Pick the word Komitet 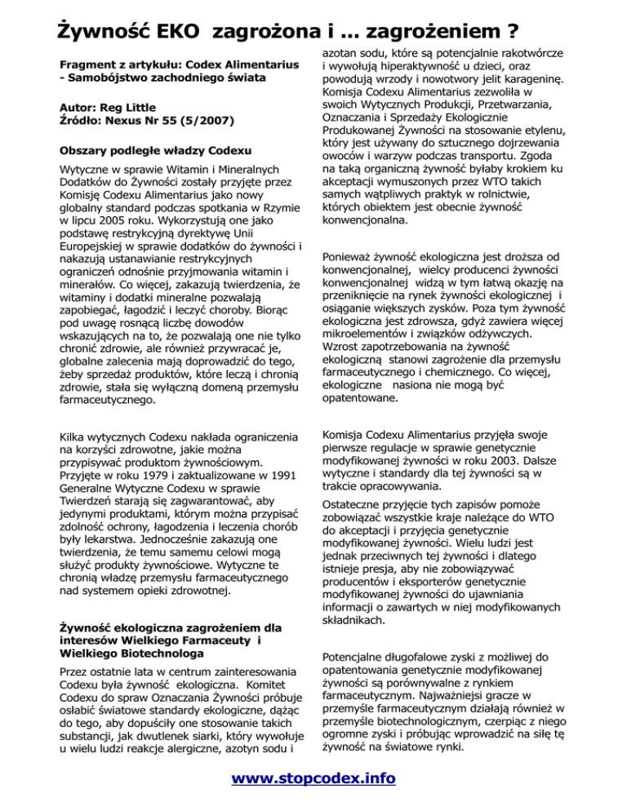(x=261, y=684)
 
